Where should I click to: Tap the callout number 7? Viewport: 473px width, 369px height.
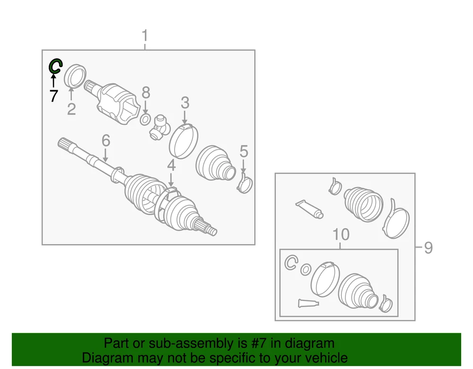click(x=54, y=96)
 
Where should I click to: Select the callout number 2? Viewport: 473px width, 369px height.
click(x=71, y=109)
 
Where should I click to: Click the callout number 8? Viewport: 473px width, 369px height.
click(x=146, y=93)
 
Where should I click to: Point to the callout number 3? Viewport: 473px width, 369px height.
click(x=185, y=103)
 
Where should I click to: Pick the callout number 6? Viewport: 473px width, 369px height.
click(x=106, y=140)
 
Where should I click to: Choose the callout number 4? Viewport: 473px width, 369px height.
click(x=171, y=165)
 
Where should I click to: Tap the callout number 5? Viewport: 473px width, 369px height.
click(x=244, y=151)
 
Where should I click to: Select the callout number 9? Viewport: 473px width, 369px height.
click(x=429, y=248)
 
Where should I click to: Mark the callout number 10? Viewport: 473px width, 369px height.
click(x=341, y=234)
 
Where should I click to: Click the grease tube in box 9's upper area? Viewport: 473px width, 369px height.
click(x=309, y=209)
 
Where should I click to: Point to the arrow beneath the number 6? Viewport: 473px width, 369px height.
click(x=105, y=155)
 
